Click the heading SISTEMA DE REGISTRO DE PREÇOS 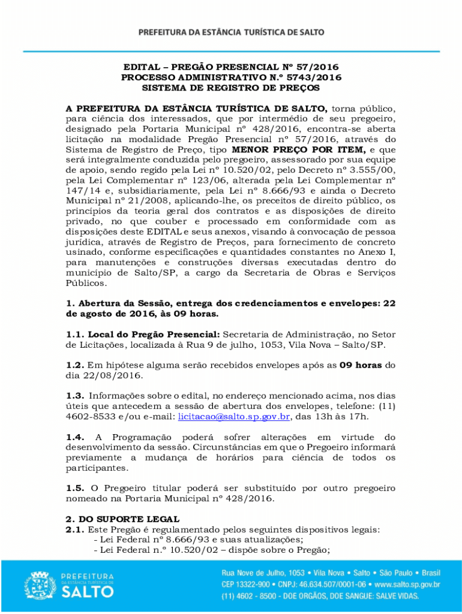(231, 88)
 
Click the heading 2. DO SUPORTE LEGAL (122, 519)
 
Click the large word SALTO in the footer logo (87, 592)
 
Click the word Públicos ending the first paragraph (86, 282)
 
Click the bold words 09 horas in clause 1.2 (361, 365)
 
